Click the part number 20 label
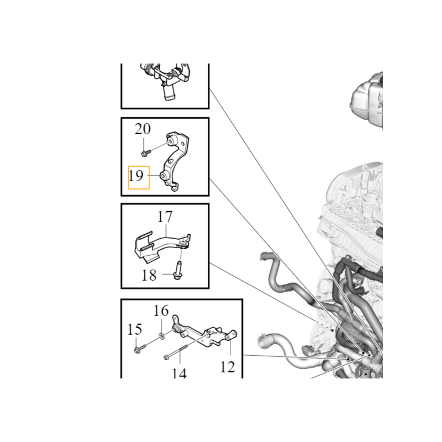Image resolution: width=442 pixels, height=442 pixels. (x=143, y=129)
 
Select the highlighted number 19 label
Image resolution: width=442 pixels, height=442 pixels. (x=136, y=176)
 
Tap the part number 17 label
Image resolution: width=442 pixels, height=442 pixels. (x=165, y=217)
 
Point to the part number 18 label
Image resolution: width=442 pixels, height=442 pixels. (x=149, y=275)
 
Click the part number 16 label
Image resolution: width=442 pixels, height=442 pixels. (x=161, y=311)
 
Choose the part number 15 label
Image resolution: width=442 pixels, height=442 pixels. (x=134, y=329)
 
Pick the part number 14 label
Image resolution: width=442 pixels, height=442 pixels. (x=179, y=373)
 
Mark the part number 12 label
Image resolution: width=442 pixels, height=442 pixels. (x=228, y=367)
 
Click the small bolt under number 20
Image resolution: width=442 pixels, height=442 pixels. (x=145, y=153)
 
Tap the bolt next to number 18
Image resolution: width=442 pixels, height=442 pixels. (x=177, y=271)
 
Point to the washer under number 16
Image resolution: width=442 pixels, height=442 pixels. (x=161, y=336)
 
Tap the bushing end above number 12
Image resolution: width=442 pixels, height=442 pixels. (x=231, y=335)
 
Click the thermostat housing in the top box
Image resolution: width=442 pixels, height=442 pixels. (x=165, y=80)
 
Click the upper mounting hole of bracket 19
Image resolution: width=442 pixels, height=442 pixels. (x=171, y=141)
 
